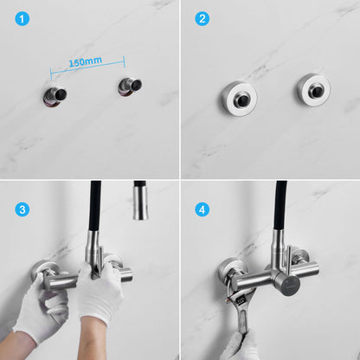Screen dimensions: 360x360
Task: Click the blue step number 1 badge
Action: pos(22,19)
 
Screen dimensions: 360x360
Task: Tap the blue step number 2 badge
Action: pos(202,19)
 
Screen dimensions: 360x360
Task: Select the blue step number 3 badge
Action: pos(22,209)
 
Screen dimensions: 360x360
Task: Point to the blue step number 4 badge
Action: pos(202,209)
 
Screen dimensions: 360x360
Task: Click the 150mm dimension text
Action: pos(86,62)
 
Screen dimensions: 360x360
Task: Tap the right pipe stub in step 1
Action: pos(130,87)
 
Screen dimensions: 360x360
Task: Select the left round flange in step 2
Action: pos(240,99)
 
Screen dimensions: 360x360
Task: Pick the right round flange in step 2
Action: pos(313,89)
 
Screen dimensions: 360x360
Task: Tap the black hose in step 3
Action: pos(95,205)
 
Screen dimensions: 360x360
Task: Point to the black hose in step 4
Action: pos(280,205)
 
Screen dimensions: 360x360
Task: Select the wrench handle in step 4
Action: pos(243,322)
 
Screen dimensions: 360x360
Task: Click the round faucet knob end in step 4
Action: pos(288,283)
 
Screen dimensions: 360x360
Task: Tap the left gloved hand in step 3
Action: pos(42,309)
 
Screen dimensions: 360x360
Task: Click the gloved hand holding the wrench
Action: pos(241,346)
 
